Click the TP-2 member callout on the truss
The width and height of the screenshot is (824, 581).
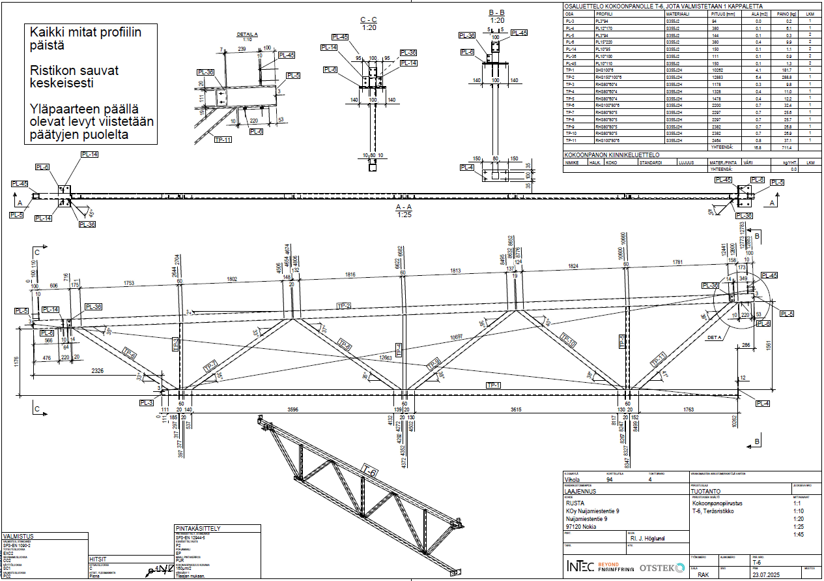pyautogui.click(x=344, y=305)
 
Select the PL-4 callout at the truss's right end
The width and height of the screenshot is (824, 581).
pyautogui.click(x=761, y=404)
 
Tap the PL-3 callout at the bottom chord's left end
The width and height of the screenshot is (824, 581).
pyautogui.click(x=146, y=402)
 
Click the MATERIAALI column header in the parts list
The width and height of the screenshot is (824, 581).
pyautogui.click(x=677, y=13)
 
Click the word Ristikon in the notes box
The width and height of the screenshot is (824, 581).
pyautogui.click(x=51, y=70)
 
